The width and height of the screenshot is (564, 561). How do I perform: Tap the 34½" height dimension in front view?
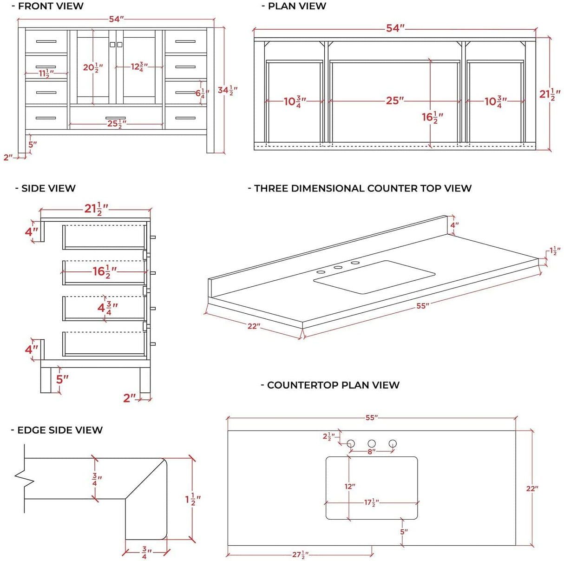click(227, 90)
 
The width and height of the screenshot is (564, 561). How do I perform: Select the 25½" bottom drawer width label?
click(116, 124)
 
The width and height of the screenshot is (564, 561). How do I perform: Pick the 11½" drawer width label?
click(46, 73)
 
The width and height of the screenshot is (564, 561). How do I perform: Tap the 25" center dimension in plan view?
click(395, 101)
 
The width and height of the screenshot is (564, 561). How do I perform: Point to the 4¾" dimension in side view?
click(107, 308)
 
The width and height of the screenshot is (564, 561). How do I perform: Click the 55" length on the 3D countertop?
click(422, 306)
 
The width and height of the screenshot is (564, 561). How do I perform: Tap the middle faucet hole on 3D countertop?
click(338, 267)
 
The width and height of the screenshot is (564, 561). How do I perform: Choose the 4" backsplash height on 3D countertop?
click(454, 225)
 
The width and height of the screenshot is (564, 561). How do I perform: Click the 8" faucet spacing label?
click(371, 452)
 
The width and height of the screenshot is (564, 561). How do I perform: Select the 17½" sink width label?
click(371, 502)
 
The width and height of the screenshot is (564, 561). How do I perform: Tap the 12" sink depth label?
click(350, 486)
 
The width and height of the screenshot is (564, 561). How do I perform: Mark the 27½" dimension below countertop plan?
click(300, 554)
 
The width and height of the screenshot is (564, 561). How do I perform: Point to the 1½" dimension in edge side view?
click(193, 500)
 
